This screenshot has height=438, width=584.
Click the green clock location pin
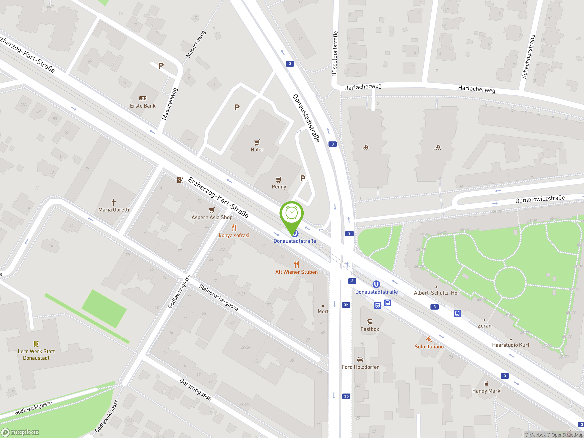click(292, 214)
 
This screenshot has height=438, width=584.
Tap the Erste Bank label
click(143, 106)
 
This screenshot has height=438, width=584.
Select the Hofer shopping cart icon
click(257, 143)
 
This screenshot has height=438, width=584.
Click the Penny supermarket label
click(279, 187)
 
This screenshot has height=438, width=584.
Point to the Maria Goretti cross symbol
click(114, 202)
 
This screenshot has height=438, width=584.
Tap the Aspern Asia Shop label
click(212, 217)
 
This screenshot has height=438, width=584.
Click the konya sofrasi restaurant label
click(234, 235)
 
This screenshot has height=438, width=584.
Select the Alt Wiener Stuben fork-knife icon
click(297, 264)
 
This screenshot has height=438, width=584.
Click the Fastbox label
click(370, 329)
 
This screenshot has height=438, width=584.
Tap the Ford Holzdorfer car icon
click(360, 359)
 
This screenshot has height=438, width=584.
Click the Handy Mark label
click(486, 391)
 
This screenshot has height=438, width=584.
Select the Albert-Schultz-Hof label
click(436, 293)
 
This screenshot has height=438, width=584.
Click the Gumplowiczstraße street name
click(540, 199)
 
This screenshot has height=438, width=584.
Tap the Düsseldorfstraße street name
click(334, 54)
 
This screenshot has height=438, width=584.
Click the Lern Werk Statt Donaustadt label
click(36, 355)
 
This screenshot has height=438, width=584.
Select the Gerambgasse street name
click(195, 389)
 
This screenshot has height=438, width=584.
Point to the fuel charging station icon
click(180, 180)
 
